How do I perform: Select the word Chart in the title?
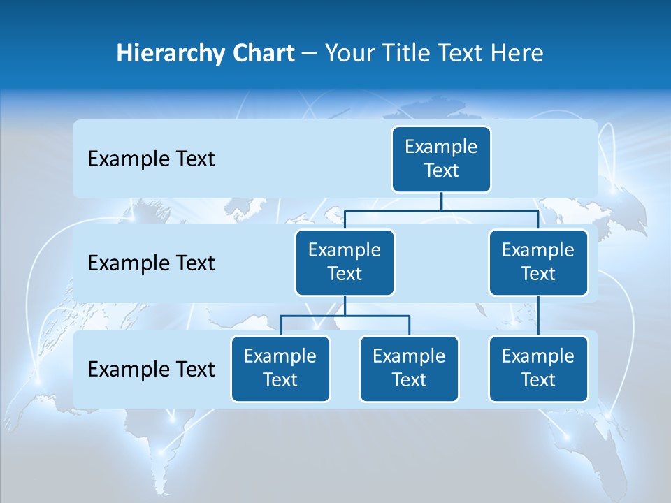click(x=261, y=54)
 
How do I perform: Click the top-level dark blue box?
click(x=441, y=159)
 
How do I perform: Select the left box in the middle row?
click(x=345, y=262)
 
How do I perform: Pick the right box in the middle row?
click(x=538, y=262)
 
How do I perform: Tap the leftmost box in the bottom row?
click(x=280, y=368)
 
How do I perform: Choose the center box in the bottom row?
click(x=409, y=368)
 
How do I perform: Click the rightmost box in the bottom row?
click(x=538, y=368)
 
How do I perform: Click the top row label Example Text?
click(x=151, y=159)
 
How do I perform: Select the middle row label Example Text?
click(x=151, y=263)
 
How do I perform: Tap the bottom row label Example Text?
click(x=151, y=369)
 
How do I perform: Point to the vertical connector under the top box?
click(x=441, y=201)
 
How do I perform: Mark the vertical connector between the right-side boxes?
click(x=538, y=315)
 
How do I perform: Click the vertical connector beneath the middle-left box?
click(x=345, y=306)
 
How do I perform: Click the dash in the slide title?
click(x=310, y=54)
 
